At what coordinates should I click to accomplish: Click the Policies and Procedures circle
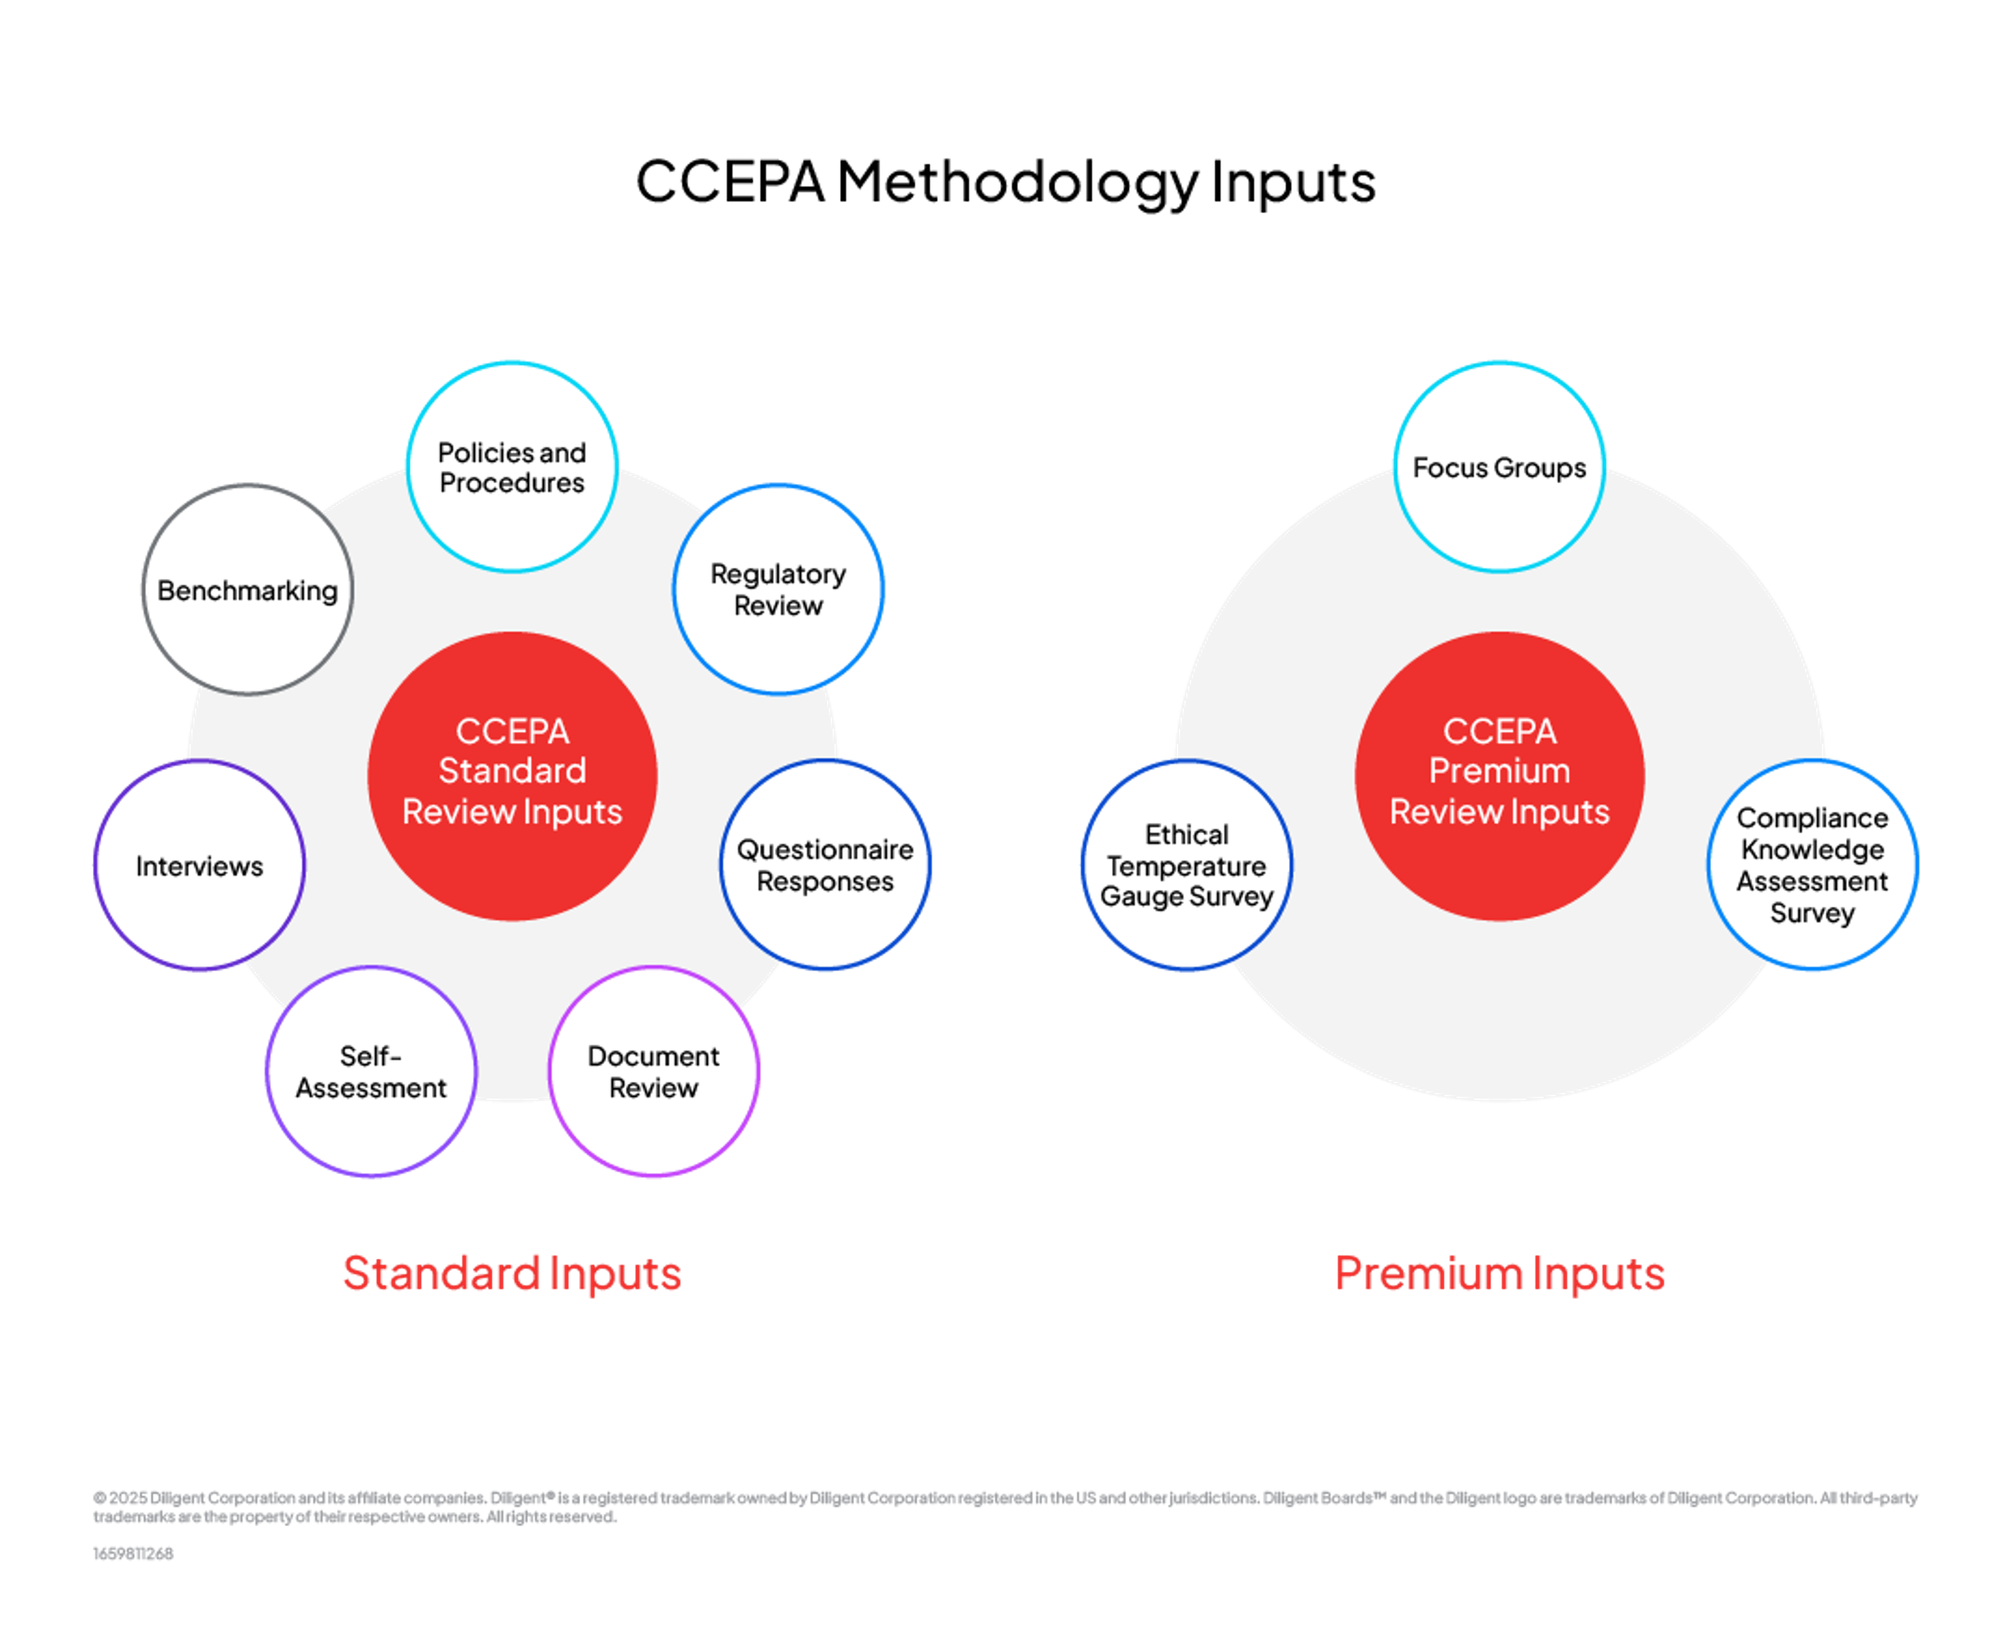click(x=512, y=466)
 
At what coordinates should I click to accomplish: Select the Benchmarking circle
click(x=247, y=590)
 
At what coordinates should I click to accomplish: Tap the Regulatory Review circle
click(x=779, y=589)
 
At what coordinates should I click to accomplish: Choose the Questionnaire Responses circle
click(x=825, y=865)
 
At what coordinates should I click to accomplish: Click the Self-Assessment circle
click(x=371, y=1072)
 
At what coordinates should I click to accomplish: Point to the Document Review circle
click(x=654, y=1072)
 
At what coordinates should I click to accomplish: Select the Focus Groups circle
click(x=1499, y=466)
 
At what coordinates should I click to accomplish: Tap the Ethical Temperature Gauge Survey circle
click(x=1187, y=865)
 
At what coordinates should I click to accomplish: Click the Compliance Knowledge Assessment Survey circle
click(x=1812, y=865)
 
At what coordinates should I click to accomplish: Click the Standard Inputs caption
click(x=512, y=1273)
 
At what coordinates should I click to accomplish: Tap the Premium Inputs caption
click(x=1499, y=1273)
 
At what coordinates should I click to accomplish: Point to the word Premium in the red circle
click(x=1499, y=771)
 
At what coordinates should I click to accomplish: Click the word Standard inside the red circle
click(x=512, y=771)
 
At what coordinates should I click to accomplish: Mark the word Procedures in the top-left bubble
click(x=512, y=483)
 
